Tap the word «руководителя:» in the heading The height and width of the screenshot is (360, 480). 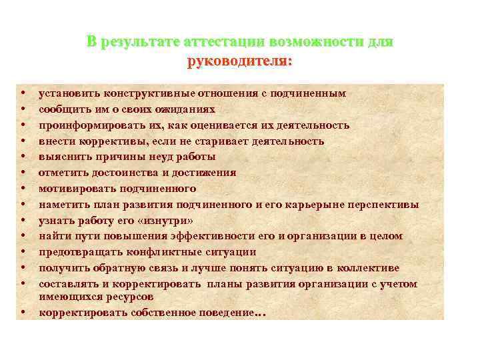[240, 61]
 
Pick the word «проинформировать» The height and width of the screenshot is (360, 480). [82, 125]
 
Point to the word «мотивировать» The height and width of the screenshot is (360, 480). [73, 189]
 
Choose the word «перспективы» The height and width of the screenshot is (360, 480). [387, 205]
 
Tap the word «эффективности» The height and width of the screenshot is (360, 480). [189, 236]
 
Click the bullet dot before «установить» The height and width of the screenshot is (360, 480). [23, 93]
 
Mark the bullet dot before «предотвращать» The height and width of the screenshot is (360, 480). [23, 252]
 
